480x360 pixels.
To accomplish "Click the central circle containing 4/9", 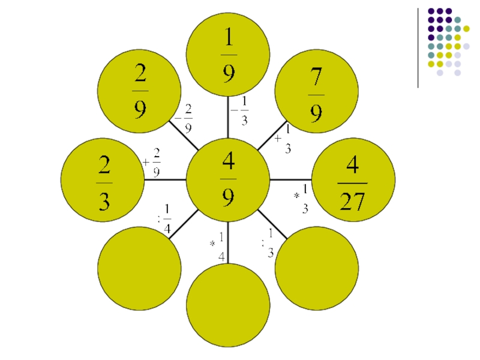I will (x=228, y=179).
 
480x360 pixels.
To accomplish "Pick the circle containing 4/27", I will (x=353, y=180).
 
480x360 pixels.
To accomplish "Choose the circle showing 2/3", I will (x=103, y=180).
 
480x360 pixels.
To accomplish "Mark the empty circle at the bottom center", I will (x=228, y=305).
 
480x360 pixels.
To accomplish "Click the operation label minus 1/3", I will (x=241, y=111).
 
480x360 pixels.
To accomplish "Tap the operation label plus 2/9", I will (x=152, y=163).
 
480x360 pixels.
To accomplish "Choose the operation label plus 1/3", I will (x=283, y=139).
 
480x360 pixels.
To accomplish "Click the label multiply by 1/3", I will (x=302, y=199).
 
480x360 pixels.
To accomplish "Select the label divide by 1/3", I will (x=268, y=243).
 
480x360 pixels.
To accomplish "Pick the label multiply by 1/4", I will (x=218, y=245).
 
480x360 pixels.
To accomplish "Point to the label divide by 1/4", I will (x=164, y=219).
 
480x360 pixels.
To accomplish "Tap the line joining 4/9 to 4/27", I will (x=291, y=179).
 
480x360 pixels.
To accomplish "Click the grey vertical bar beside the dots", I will (x=418, y=48).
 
